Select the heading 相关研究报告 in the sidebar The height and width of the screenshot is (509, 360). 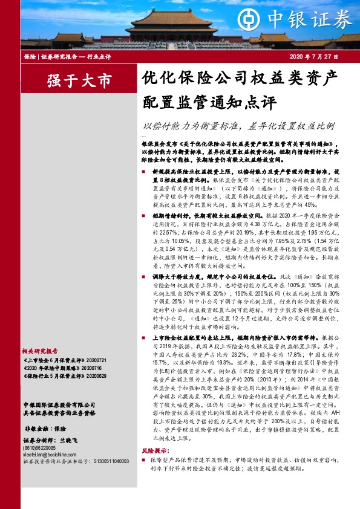[40, 350]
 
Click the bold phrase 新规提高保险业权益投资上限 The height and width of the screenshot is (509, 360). [182, 171]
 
